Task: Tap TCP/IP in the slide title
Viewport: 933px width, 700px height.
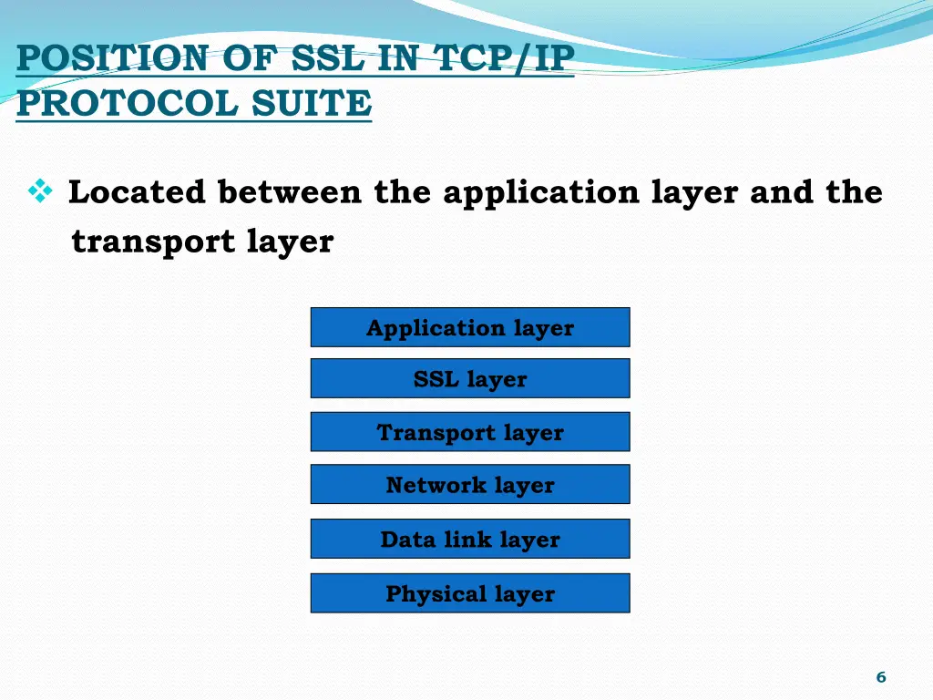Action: click(x=503, y=60)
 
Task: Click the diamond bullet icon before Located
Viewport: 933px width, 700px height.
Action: click(x=40, y=191)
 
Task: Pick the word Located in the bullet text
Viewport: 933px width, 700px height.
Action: click(x=138, y=192)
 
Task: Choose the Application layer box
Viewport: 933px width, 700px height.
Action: click(x=470, y=327)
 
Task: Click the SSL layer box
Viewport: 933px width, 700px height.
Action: click(x=470, y=378)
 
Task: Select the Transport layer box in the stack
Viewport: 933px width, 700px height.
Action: click(x=470, y=432)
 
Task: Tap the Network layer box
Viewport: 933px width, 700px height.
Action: click(x=470, y=484)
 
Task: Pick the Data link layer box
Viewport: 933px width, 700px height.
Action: click(x=470, y=539)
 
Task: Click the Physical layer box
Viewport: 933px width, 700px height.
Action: click(x=470, y=593)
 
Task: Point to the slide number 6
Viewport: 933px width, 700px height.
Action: click(x=880, y=676)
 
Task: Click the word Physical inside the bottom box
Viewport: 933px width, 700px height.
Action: click(x=436, y=594)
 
